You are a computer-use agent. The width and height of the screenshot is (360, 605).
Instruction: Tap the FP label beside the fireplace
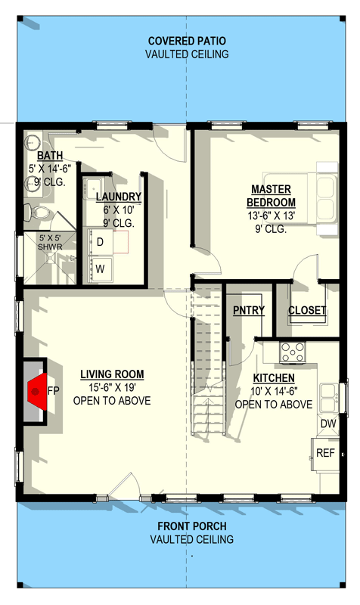[54, 391]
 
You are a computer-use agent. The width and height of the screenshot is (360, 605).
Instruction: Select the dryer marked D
[101, 242]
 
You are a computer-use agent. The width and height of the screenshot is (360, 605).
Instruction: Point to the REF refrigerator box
[325, 453]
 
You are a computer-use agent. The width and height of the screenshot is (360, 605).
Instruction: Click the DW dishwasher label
[328, 425]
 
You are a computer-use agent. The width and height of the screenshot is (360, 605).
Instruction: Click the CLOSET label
[307, 310]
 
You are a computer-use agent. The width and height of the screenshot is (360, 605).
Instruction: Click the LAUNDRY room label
[119, 197]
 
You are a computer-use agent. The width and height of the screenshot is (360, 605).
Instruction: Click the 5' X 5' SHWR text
[51, 242]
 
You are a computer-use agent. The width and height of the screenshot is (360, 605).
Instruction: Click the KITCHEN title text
[274, 378]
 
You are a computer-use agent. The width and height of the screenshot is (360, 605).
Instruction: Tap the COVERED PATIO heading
[187, 41]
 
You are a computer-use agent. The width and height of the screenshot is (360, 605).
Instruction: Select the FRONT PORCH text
[191, 526]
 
